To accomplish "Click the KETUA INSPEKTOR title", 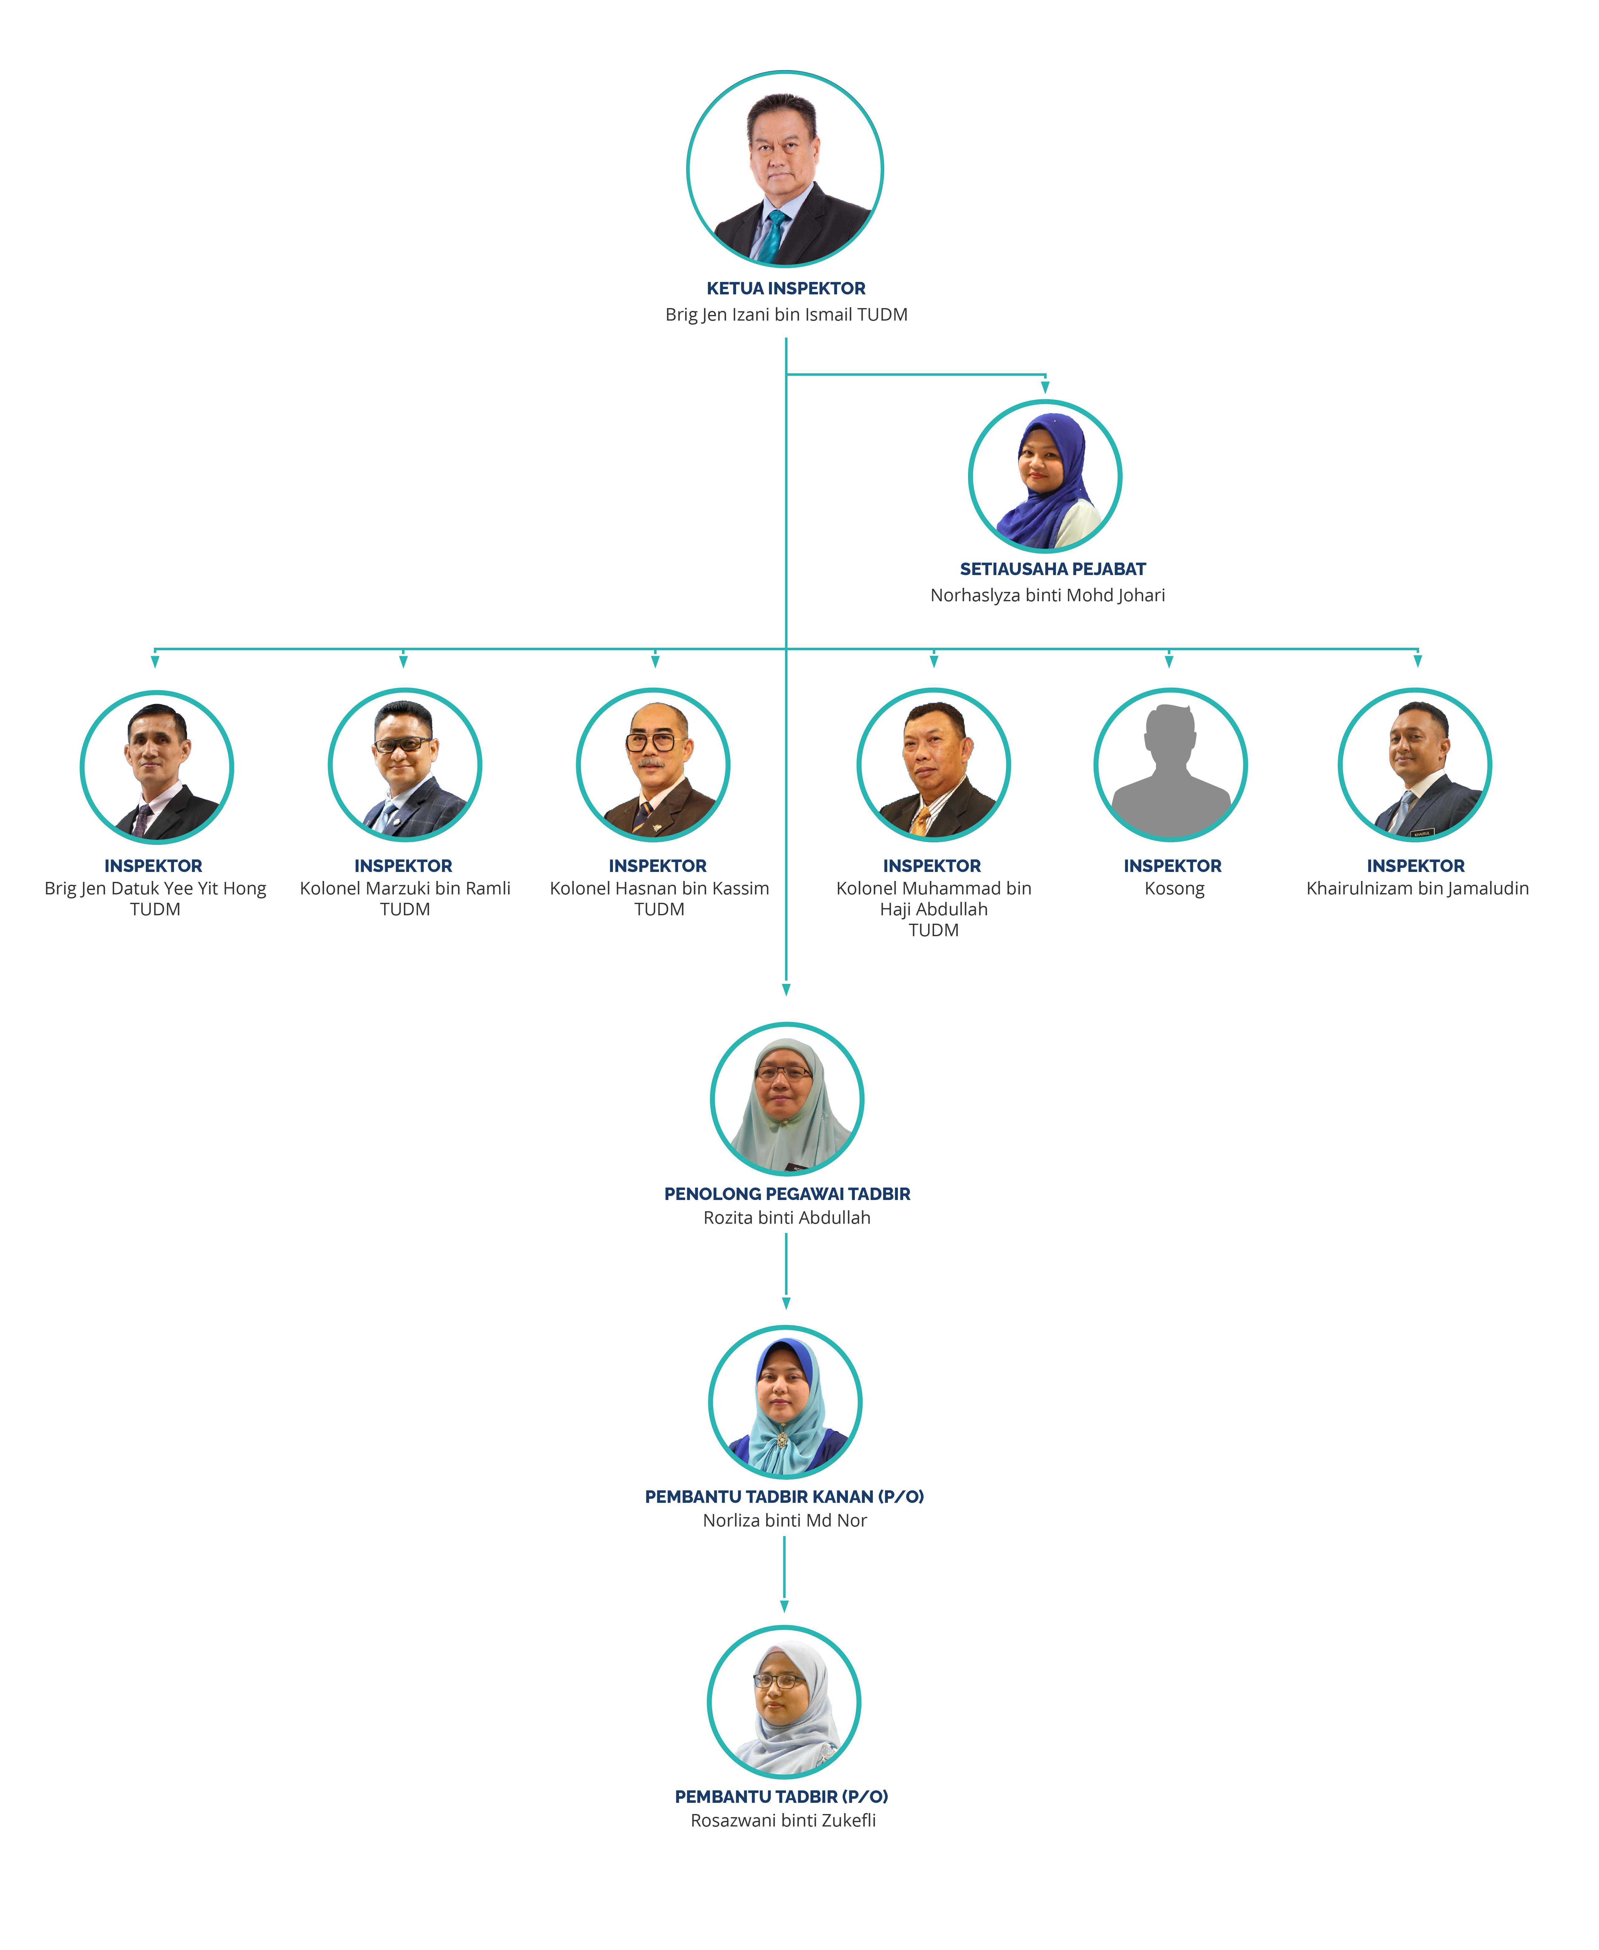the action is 786,288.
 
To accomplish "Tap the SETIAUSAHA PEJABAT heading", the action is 1053,569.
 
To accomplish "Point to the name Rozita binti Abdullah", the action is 787,1218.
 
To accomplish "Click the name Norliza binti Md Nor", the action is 785,1521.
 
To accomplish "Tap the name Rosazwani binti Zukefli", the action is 783,1820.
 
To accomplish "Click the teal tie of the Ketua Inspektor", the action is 772,237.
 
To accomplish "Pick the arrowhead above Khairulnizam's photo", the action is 1418,660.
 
